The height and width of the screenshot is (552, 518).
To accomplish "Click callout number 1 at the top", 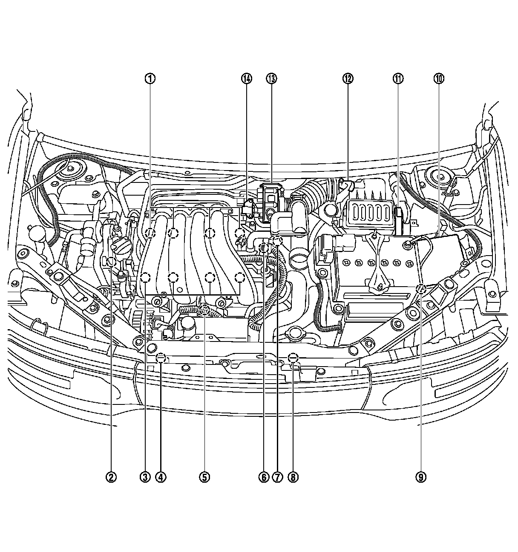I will (x=150, y=78).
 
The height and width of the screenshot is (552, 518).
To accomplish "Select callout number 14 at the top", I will (x=246, y=78).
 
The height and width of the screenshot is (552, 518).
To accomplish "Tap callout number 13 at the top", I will (x=271, y=78).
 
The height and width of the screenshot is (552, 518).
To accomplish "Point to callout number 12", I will (x=348, y=78).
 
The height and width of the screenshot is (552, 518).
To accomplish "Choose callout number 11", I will (x=398, y=78).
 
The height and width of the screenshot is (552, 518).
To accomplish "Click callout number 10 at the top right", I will (x=439, y=78).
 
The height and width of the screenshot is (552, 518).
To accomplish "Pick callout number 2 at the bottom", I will (x=111, y=477).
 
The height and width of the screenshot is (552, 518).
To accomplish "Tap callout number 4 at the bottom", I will (x=161, y=477).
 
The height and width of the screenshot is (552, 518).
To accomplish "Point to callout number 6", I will (x=263, y=477).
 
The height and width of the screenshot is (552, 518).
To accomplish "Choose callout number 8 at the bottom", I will (x=292, y=477).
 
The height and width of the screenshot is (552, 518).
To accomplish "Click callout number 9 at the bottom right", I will (x=421, y=477).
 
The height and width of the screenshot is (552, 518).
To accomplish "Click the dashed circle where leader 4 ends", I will (x=161, y=358).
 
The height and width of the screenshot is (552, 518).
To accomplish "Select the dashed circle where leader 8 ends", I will (x=293, y=358).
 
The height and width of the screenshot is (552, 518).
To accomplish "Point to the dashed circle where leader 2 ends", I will (x=112, y=262).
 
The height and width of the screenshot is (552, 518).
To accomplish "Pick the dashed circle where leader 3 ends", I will (x=145, y=277).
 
